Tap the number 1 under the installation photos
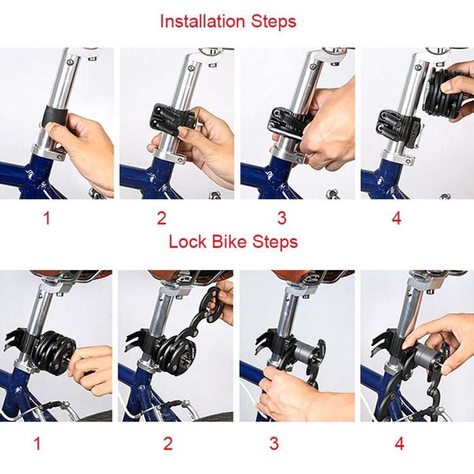46,219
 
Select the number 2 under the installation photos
162,219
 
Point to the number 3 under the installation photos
282,219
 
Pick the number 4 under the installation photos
396,219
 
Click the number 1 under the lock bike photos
37,444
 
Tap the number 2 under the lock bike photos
167,444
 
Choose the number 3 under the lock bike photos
274,444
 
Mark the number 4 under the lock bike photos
399,444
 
